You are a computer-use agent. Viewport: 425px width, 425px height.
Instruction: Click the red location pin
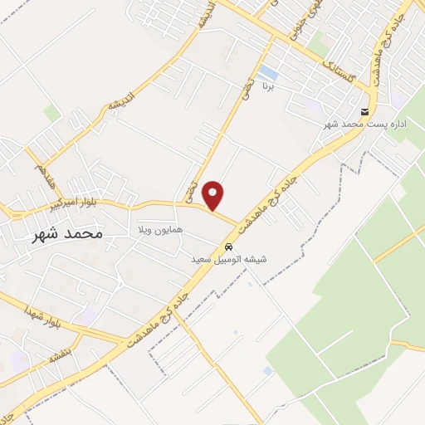pos(214,195)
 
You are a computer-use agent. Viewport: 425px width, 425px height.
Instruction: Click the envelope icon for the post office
pos(364,112)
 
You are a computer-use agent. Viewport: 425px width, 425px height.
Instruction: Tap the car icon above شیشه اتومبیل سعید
pos(227,247)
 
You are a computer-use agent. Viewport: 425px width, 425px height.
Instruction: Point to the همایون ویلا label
pos(160,228)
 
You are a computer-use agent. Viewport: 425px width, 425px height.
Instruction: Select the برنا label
pos(267,85)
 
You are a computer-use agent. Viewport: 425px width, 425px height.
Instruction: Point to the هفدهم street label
pos(40,174)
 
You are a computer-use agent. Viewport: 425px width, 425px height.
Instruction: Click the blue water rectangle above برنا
pos(267,72)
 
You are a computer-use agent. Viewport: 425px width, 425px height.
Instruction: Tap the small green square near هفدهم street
pos(52,113)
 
